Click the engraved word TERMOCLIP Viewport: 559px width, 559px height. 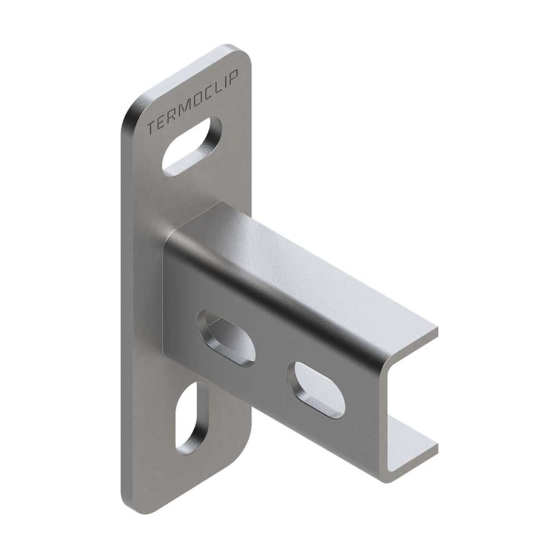pos(193,101)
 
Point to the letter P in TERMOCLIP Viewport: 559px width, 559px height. pos(234,75)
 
